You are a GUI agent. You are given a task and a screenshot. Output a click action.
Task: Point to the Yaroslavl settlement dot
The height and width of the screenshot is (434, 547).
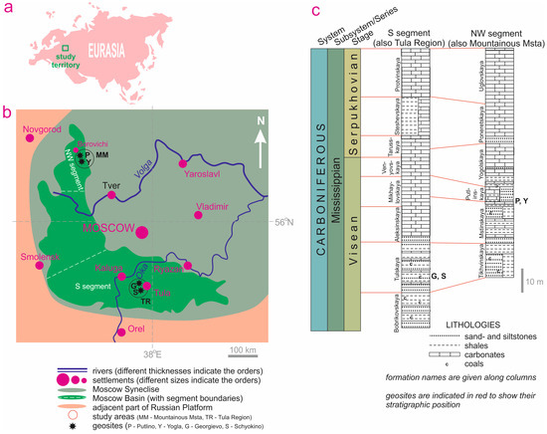[182, 162]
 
